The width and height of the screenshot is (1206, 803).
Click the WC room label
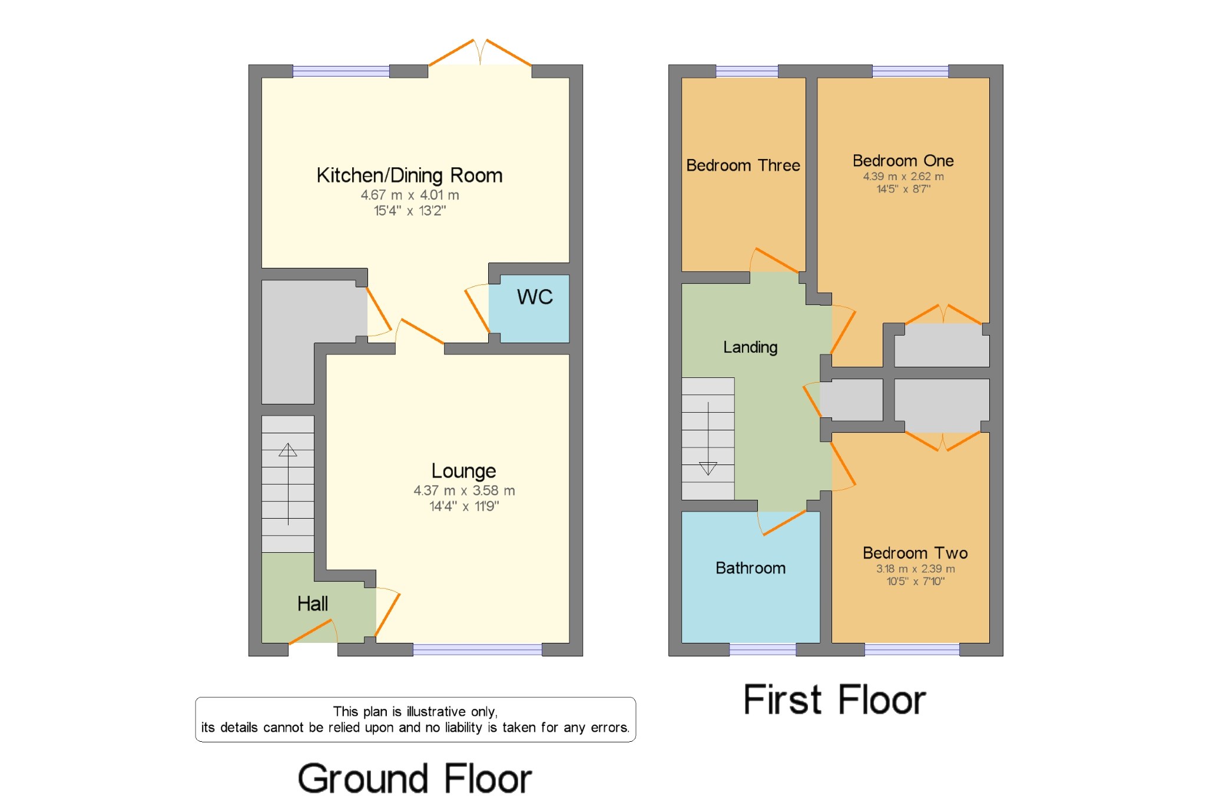point(535,297)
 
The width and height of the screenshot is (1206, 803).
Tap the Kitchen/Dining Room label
point(409,175)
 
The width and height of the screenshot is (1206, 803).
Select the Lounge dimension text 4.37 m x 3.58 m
point(464,490)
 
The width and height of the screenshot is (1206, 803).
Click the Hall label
point(312,603)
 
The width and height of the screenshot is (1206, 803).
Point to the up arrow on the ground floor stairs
point(288,450)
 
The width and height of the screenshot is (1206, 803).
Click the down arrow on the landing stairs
point(708,468)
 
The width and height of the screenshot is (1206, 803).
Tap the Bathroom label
point(750,568)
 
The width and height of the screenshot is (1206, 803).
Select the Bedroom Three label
point(743,165)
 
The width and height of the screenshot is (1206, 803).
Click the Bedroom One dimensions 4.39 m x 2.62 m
point(903,177)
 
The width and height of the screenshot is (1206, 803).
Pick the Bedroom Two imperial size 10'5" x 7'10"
point(915,582)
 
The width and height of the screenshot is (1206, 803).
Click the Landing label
point(750,347)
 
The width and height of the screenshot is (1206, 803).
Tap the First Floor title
point(834,700)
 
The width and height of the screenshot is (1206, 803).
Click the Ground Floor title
point(415,778)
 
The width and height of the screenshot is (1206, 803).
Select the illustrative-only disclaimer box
point(415,719)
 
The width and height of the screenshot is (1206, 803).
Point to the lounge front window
point(477,649)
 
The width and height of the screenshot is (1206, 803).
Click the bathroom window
point(763,649)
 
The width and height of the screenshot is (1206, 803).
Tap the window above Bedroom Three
point(747,71)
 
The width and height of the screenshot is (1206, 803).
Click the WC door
point(477,308)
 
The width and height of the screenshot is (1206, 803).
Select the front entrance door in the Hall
point(312,633)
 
